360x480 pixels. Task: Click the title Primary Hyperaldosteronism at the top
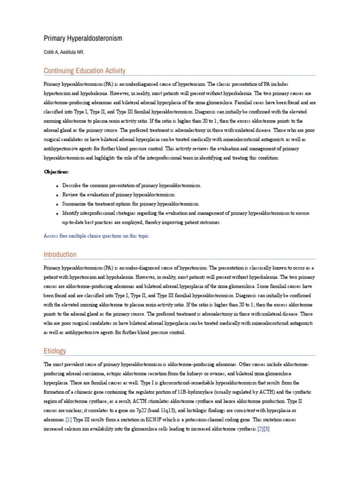coord(83,38)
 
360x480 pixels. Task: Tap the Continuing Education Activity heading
coord(84,71)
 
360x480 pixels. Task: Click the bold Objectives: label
coord(56,172)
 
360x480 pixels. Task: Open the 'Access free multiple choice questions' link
coord(97,236)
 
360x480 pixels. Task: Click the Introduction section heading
coord(60,255)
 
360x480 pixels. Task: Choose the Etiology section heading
coord(55,351)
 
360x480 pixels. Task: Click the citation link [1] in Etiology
coord(68,420)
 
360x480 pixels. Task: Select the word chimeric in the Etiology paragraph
coord(89,392)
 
